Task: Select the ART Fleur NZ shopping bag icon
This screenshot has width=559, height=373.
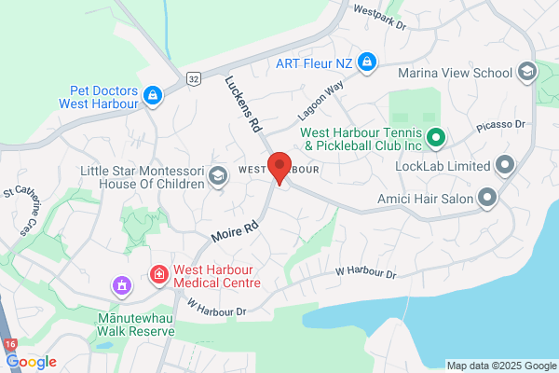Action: (x=367, y=62)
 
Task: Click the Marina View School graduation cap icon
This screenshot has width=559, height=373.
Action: (x=526, y=72)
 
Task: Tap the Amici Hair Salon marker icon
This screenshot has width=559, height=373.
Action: (x=486, y=197)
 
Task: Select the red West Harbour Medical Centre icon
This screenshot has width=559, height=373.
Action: (x=158, y=275)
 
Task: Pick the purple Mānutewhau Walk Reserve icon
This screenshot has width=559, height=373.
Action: (x=120, y=284)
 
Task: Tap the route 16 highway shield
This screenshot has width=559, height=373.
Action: (x=10, y=345)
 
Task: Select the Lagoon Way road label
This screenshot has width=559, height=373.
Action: (x=321, y=98)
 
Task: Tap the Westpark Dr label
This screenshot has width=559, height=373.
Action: (x=380, y=17)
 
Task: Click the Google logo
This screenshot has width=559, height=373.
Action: (x=31, y=362)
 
